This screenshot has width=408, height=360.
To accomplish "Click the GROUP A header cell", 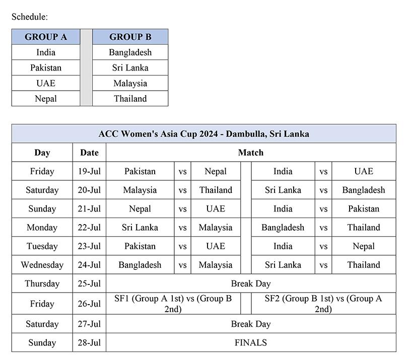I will (x=46, y=37).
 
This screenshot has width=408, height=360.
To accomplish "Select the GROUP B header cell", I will (x=130, y=37).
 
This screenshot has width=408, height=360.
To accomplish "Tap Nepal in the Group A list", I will (x=46, y=99).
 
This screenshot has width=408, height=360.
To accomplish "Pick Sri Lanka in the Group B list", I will (x=130, y=67).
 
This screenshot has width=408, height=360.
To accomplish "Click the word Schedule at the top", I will (x=30, y=17).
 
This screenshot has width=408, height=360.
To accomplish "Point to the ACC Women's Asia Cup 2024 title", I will (x=203, y=133).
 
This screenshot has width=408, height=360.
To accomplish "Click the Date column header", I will (x=89, y=152).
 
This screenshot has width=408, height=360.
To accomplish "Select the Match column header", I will (x=250, y=152).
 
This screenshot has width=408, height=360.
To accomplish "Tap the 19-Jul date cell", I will (x=89, y=171).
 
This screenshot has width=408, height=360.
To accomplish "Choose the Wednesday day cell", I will (x=42, y=265).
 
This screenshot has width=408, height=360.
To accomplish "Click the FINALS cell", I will (x=250, y=342).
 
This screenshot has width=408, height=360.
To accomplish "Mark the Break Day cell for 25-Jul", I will (x=250, y=283).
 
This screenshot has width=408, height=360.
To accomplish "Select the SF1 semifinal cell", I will (x=173, y=304).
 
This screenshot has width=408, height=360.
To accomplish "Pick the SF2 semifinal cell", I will (x=323, y=304).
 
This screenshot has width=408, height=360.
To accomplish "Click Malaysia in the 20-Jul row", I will (x=140, y=190).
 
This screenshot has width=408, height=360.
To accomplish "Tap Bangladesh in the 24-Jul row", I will (x=140, y=265).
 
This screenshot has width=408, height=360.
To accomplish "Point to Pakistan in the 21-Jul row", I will (x=363, y=208).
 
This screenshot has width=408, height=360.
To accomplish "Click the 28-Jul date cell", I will (x=89, y=342).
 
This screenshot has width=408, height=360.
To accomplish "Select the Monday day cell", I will (x=42, y=228).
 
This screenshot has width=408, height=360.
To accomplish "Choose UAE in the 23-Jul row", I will (x=215, y=246).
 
